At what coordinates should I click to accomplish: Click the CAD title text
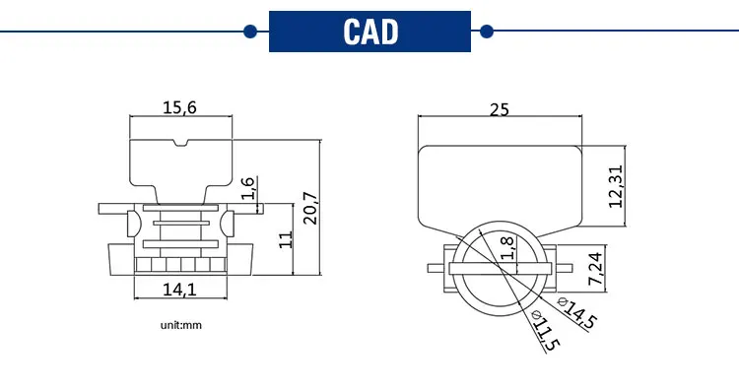tap(370, 32)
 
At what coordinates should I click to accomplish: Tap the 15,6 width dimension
tap(179, 107)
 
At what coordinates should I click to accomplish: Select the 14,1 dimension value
tap(179, 289)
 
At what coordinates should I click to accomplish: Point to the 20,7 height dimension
tap(310, 208)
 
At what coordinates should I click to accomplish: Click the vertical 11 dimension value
tap(286, 239)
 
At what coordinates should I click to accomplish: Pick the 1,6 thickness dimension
tap(248, 188)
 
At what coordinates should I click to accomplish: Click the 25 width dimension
tap(500, 109)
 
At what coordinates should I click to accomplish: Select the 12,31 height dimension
tap(616, 186)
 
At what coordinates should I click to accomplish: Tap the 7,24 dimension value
tap(595, 269)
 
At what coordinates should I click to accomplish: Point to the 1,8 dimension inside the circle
tap(507, 248)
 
